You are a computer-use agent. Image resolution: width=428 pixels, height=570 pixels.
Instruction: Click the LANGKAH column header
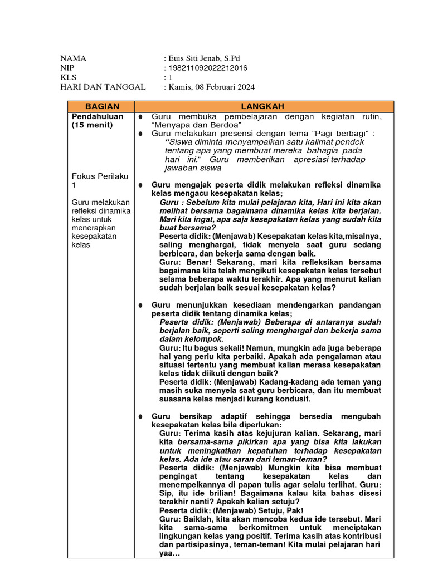pyautogui.click(x=263, y=106)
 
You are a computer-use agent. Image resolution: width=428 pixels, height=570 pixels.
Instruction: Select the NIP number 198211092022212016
pyautogui.click(x=207, y=68)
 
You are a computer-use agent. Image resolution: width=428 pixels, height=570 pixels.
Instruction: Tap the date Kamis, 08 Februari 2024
pyautogui.click(x=211, y=87)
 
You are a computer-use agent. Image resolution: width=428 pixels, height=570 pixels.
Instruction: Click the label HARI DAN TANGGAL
pyautogui.click(x=103, y=87)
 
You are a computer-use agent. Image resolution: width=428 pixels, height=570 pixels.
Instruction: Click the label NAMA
pyautogui.click(x=74, y=58)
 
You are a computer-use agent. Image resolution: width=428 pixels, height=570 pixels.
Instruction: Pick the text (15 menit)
pyautogui.click(x=92, y=125)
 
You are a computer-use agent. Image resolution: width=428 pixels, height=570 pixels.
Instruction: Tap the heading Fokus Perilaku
pyautogui.click(x=98, y=176)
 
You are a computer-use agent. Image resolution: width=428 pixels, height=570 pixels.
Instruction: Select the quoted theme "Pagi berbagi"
pyautogui.click(x=342, y=134)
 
